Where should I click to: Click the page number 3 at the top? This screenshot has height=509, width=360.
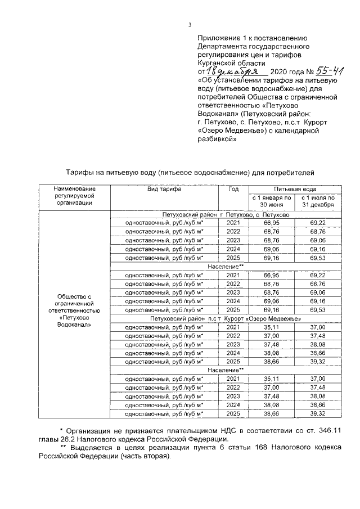coord(190,24)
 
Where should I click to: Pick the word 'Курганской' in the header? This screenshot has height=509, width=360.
coord(217,64)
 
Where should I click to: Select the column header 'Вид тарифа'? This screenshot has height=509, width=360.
coord(164,190)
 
